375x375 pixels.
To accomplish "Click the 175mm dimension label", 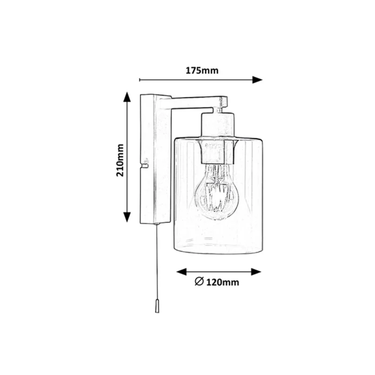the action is pos(202,71).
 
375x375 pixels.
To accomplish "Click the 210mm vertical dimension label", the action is pos(120,160).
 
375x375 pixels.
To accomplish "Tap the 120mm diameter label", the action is pos(222,282).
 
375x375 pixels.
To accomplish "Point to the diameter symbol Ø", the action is pos(199,281).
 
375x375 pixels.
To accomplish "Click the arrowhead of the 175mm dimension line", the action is pos(257,80).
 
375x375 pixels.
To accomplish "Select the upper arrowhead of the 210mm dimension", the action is pos(127,97).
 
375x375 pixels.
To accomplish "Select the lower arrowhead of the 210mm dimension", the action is pos(127,217).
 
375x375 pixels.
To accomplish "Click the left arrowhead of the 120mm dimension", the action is pos(182,272).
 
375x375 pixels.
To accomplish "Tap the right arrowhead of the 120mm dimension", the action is pos(256,272).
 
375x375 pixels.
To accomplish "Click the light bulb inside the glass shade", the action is pos(216,191).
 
